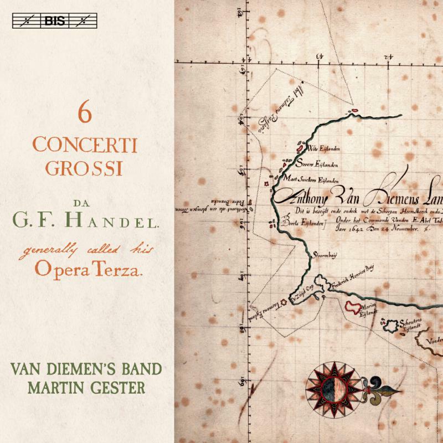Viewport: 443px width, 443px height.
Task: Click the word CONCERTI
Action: tap(84, 145)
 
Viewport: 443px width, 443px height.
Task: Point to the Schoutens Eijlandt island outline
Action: tap(395, 325)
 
